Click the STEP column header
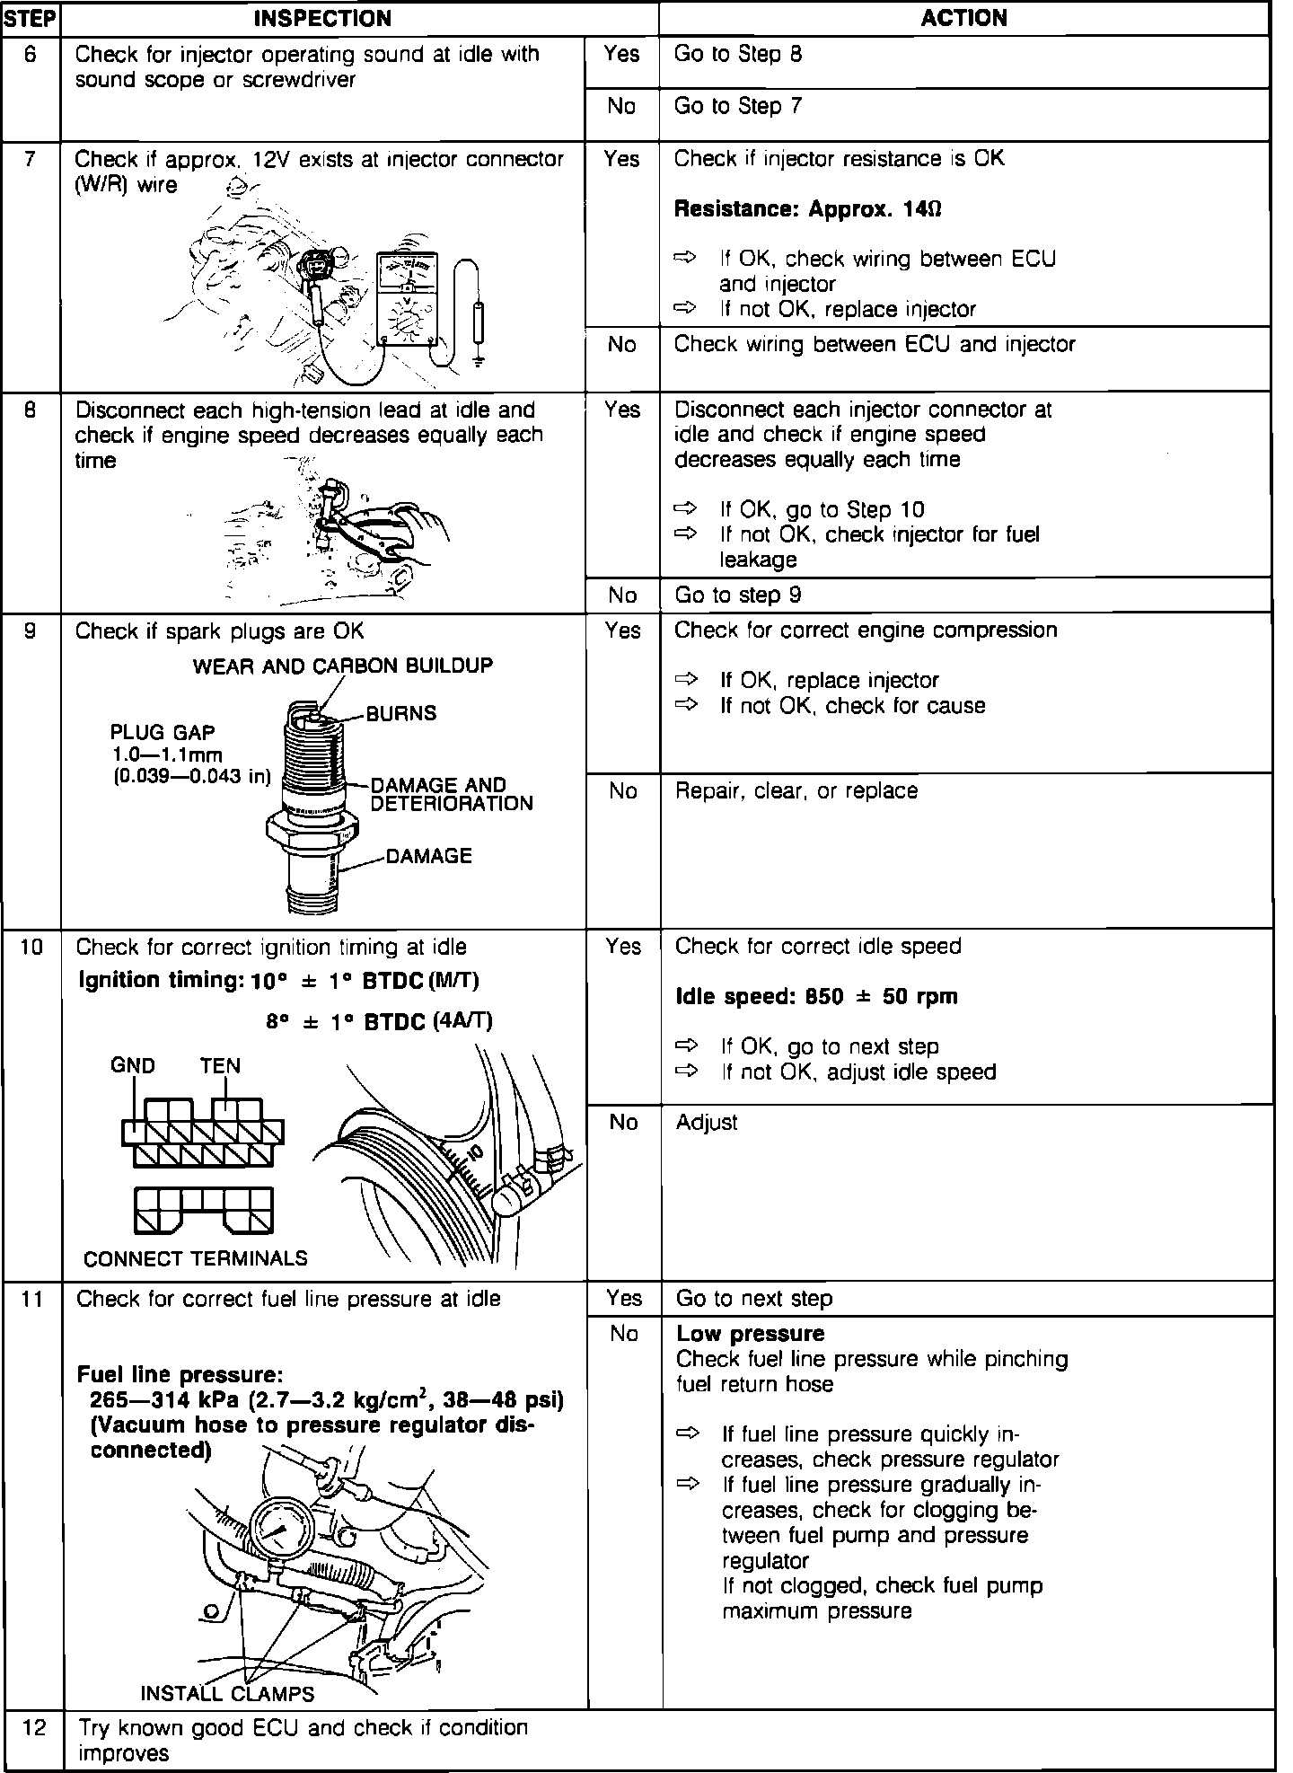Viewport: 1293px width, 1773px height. [31, 18]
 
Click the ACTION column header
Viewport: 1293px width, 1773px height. [963, 18]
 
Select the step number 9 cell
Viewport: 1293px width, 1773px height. [31, 631]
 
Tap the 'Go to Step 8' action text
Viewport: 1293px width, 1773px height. [737, 54]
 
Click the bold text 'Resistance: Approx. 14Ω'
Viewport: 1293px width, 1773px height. [807, 209]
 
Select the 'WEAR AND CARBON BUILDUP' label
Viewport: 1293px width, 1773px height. [343, 666]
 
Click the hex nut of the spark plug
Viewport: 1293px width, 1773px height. [312, 826]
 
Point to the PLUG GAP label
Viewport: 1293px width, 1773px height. [163, 732]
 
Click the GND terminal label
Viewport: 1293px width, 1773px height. [133, 1066]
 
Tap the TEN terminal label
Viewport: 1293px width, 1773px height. [220, 1066]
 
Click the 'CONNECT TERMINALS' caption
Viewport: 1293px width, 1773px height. [195, 1258]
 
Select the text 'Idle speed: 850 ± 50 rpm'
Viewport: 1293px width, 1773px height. [816, 996]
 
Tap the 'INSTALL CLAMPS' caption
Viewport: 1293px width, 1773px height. [227, 1694]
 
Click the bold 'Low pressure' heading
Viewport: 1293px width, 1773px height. [750, 1334]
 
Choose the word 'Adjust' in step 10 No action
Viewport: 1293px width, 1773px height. [707, 1122]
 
